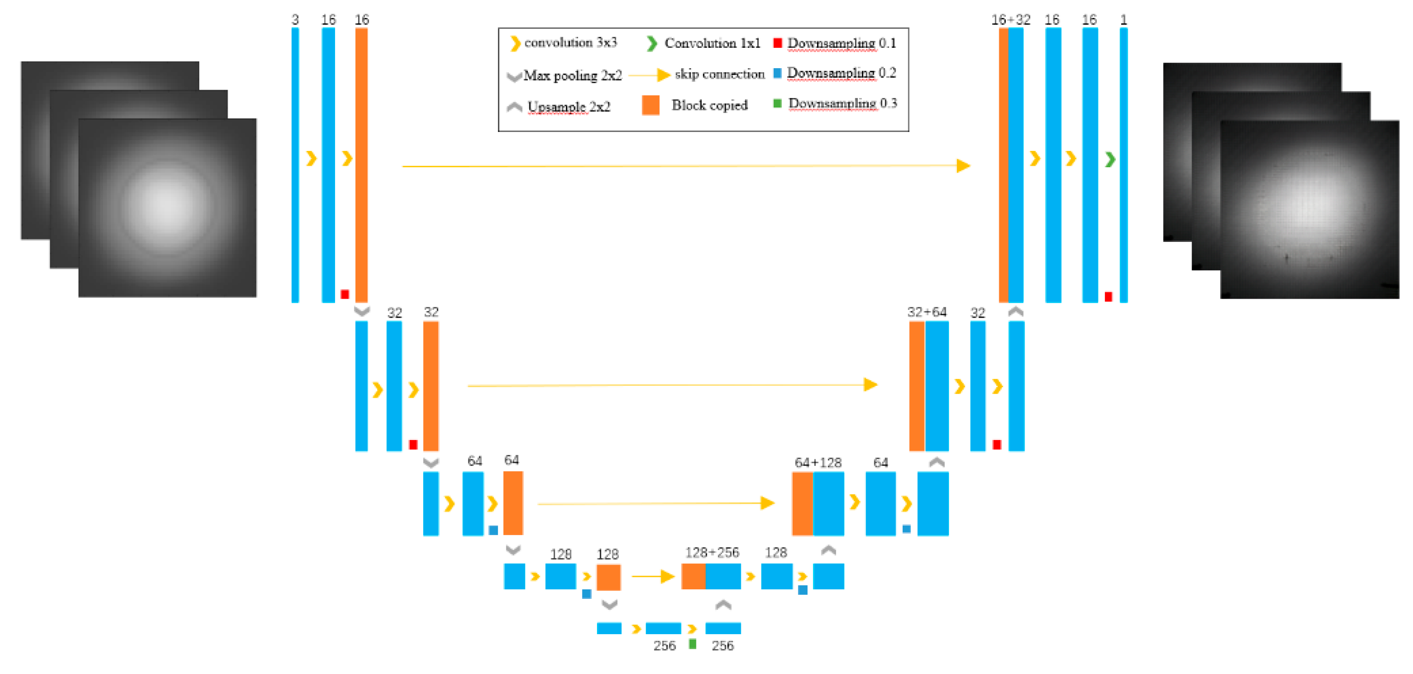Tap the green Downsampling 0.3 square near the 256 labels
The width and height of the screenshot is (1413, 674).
pyautogui.click(x=693, y=644)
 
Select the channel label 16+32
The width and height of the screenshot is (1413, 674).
pyautogui.click(x=1010, y=20)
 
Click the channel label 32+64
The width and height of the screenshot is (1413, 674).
pyautogui.click(x=927, y=312)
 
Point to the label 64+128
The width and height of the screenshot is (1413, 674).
pyautogui.click(x=818, y=462)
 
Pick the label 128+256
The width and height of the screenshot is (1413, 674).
pyautogui.click(x=712, y=552)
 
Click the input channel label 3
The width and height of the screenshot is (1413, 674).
pyautogui.click(x=295, y=20)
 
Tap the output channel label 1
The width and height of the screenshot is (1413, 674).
pyautogui.click(x=1123, y=20)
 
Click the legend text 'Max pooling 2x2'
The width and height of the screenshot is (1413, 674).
pyautogui.click(x=573, y=75)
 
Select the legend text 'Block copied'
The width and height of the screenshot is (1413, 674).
pyautogui.click(x=709, y=105)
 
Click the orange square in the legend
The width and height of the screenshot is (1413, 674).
pyautogui.click(x=651, y=105)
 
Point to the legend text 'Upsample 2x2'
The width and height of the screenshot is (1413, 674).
pyautogui.click(x=569, y=107)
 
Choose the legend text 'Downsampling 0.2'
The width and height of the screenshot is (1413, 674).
pyautogui.click(x=841, y=73)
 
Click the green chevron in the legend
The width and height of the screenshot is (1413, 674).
pyautogui.click(x=652, y=43)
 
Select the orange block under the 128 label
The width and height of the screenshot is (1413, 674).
pyautogui.click(x=608, y=577)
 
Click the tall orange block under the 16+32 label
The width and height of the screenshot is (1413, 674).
pyautogui.click(x=1003, y=165)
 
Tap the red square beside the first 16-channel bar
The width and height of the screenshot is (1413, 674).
pyautogui.click(x=345, y=295)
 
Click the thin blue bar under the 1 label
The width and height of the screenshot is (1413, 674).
pyautogui.click(x=1123, y=165)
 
